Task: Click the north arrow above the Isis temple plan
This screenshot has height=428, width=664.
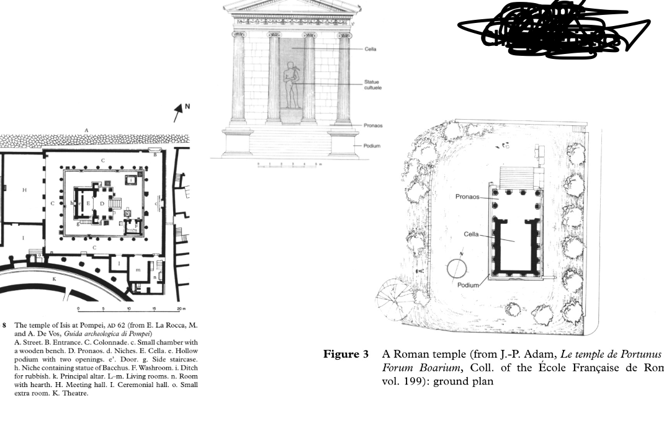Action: point(180,112)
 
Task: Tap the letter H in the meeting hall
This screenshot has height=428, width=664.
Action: point(25,190)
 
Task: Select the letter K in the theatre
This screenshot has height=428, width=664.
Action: point(54,279)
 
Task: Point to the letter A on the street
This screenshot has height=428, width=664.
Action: point(86,130)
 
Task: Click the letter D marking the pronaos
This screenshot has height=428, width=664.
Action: point(102,203)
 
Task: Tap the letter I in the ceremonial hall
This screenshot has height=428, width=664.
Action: point(24,238)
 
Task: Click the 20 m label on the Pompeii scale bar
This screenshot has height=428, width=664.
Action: point(181,309)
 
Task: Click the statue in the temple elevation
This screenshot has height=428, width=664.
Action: point(290,85)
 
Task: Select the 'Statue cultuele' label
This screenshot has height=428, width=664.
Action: point(372,84)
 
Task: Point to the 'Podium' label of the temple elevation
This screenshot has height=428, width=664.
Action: point(372,146)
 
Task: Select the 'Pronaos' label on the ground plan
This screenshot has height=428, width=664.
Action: point(468,197)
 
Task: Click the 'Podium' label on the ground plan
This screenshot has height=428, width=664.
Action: point(469,285)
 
